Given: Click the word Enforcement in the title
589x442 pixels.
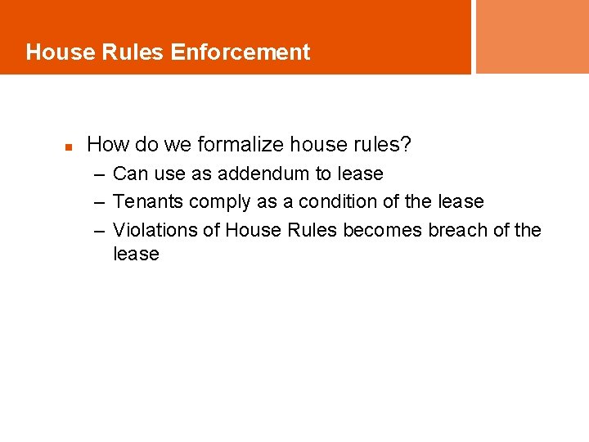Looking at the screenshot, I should point(241,52).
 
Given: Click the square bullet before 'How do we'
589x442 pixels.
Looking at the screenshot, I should point(70,148).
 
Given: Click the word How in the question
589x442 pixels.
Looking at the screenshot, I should point(106,146).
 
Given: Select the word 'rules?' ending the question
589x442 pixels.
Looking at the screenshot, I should point(384,146).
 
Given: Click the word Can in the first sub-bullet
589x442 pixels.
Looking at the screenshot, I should point(129,174).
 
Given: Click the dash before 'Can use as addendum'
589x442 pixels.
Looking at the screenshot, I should point(99,174).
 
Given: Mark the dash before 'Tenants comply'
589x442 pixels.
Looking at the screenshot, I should point(99,202).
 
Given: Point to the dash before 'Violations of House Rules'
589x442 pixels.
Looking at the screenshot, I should point(99,231).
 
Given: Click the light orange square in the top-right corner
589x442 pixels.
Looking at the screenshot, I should point(532,36).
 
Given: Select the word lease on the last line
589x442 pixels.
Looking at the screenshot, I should point(136,255).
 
